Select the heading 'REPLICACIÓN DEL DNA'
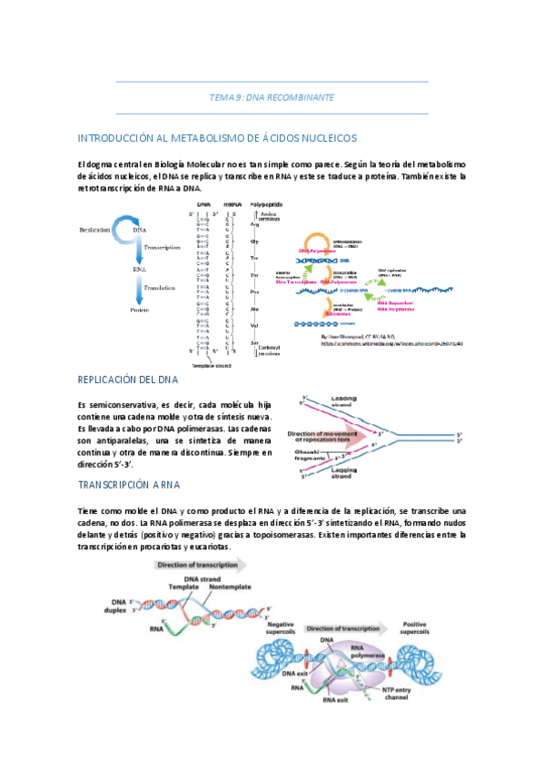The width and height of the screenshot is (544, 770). click(x=128, y=380)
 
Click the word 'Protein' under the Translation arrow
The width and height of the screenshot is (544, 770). click(x=139, y=310)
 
